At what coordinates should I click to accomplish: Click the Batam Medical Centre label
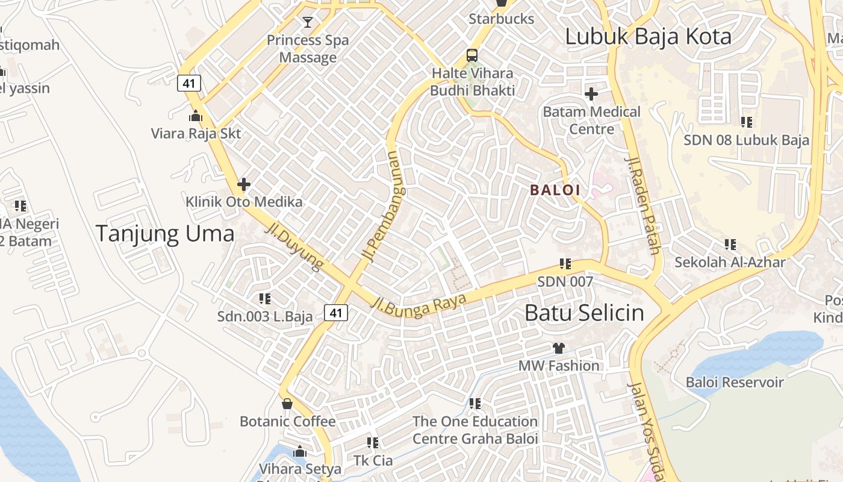(591, 120)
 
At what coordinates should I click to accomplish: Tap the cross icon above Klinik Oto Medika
(244, 184)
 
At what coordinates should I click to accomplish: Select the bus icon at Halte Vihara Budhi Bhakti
(472, 55)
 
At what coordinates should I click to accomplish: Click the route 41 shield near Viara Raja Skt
(189, 83)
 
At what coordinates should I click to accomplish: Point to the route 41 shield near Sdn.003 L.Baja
(336, 312)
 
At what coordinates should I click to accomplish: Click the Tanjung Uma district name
(165, 234)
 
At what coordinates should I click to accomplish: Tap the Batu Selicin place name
(584, 313)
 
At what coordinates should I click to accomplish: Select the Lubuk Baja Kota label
(648, 37)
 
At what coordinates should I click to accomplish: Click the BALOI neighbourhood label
(555, 190)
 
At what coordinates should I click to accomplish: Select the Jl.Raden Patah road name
(644, 205)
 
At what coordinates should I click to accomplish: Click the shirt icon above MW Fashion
(559, 348)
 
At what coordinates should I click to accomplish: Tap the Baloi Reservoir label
(735, 382)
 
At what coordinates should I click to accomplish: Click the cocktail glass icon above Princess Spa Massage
(308, 23)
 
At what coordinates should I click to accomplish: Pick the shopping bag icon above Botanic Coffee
(287, 404)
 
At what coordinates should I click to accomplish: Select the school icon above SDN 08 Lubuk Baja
(747, 122)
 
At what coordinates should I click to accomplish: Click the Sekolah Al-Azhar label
(730, 262)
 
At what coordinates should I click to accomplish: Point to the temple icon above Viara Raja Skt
(196, 116)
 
